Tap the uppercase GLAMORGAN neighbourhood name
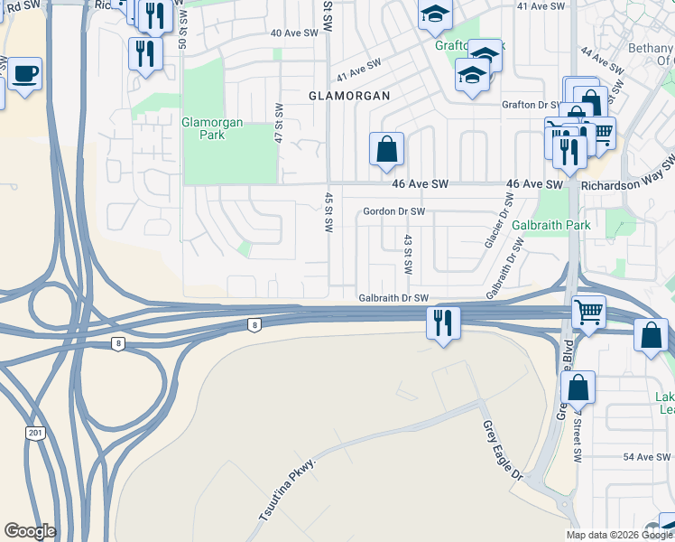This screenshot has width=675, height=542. pos(349,95)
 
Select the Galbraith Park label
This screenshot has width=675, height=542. pos(550,224)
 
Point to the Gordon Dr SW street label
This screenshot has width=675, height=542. pos(393,211)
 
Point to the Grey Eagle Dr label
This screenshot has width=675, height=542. pos(503,452)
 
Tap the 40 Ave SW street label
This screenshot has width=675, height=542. pos(295,33)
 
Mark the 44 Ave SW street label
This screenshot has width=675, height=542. pos(602,61)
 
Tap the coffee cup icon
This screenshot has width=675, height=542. pos(26,72)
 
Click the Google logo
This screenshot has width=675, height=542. pos(30,531)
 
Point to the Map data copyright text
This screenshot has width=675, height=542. pos(619,535)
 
